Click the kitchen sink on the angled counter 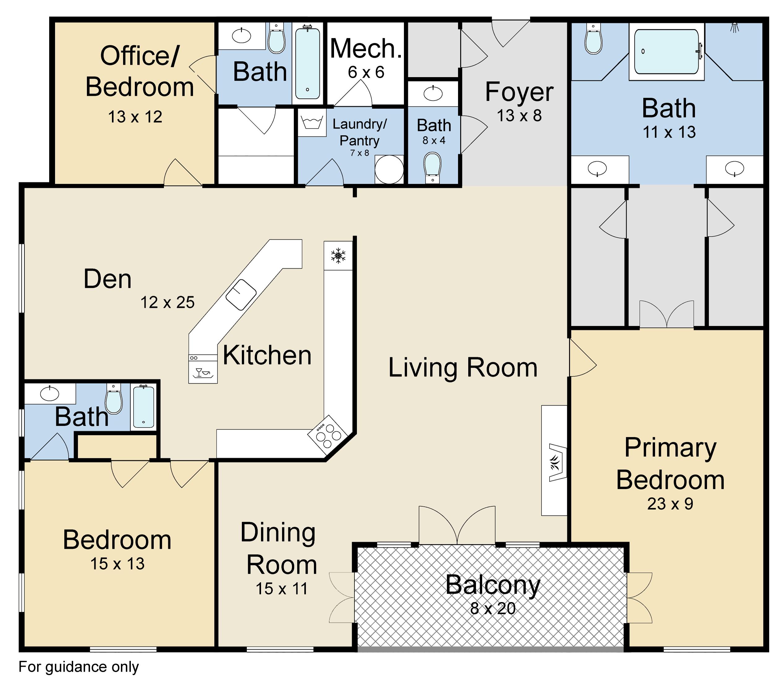coord(241,294)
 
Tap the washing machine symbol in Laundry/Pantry coord(312,123)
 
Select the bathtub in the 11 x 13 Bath coord(666,52)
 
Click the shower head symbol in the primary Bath coord(734,27)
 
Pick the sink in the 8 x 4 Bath coord(433,93)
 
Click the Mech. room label coord(366,49)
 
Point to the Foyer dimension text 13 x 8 coord(519,115)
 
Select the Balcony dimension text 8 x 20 coord(493,608)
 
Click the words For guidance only coord(79,667)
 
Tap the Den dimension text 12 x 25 coord(168,302)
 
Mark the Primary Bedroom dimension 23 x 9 coord(670,504)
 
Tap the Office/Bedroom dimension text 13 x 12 coord(135,117)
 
